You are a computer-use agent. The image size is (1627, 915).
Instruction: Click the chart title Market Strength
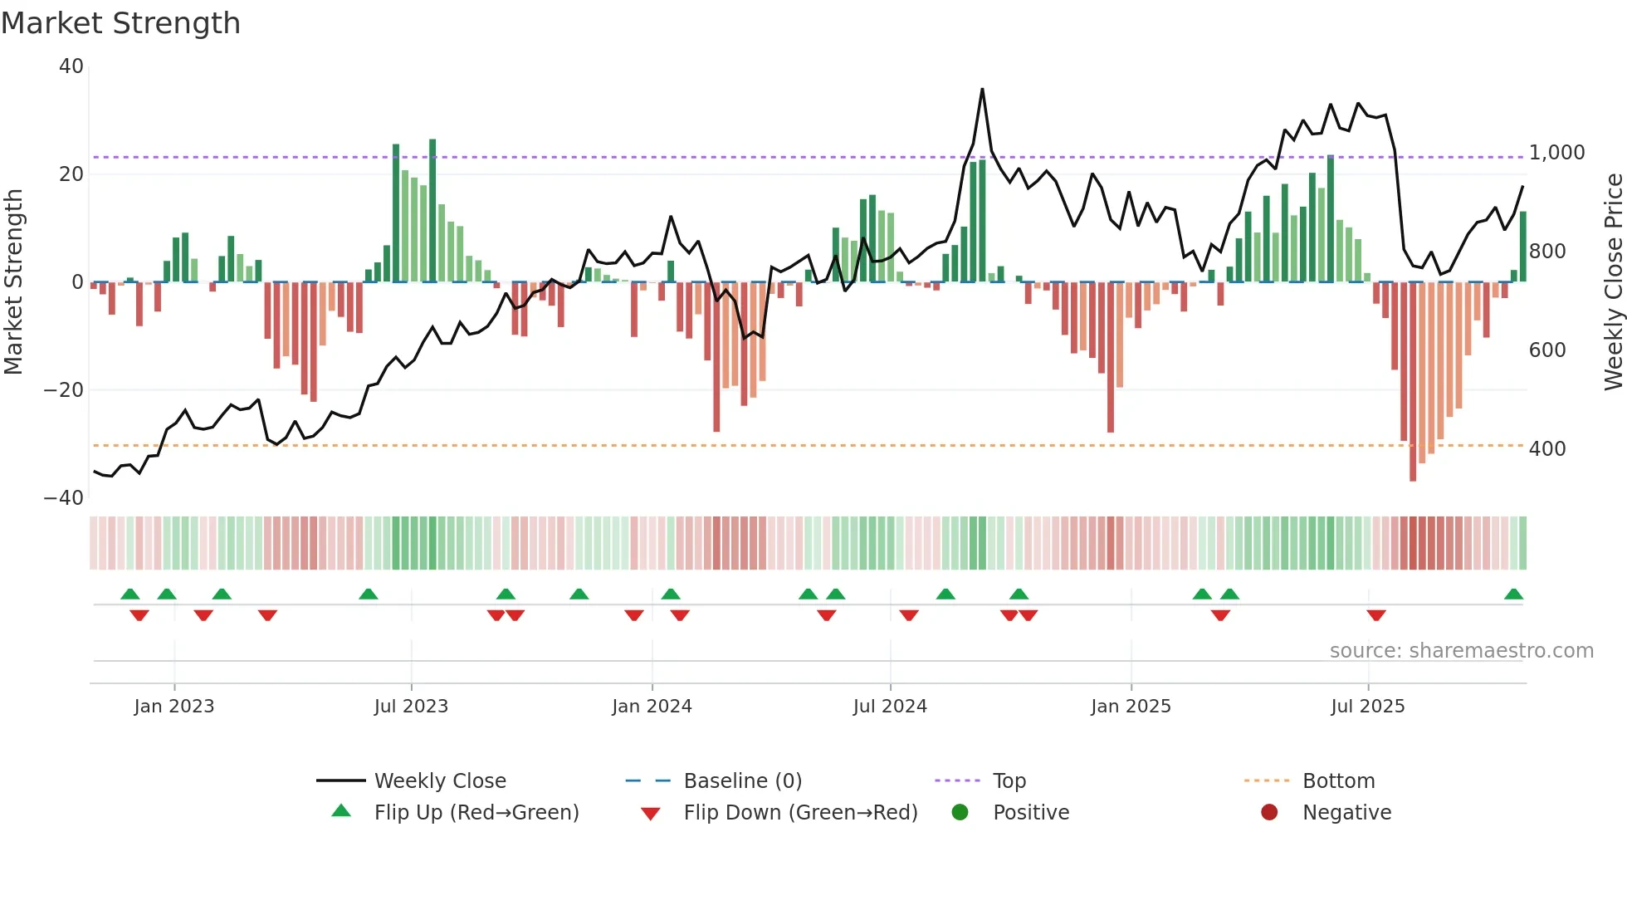(x=120, y=23)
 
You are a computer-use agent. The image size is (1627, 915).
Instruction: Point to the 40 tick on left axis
(x=71, y=66)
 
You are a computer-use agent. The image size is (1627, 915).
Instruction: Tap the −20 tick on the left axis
(x=64, y=390)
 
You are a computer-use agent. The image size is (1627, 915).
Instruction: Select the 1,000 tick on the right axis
(x=1556, y=153)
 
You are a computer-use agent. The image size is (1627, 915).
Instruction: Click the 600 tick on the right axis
(x=1546, y=350)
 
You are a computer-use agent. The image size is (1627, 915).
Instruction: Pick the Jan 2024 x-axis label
(x=652, y=707)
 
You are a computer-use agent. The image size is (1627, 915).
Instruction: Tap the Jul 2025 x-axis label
(x=1367, y=707)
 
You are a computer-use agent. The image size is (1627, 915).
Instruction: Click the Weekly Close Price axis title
(x=1613, y=282)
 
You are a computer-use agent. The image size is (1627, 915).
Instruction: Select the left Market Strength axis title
(x=13, y=282)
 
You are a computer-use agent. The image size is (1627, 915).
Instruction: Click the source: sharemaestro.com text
(x=1461, y=651)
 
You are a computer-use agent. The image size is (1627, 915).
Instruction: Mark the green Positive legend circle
(x=960, y=813)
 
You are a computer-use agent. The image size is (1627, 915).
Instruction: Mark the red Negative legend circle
(x=1269, y=813)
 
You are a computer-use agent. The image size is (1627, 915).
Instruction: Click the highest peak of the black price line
(x=982, y=90)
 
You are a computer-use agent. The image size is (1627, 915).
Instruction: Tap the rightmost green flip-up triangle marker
(x=1513, y=595)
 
